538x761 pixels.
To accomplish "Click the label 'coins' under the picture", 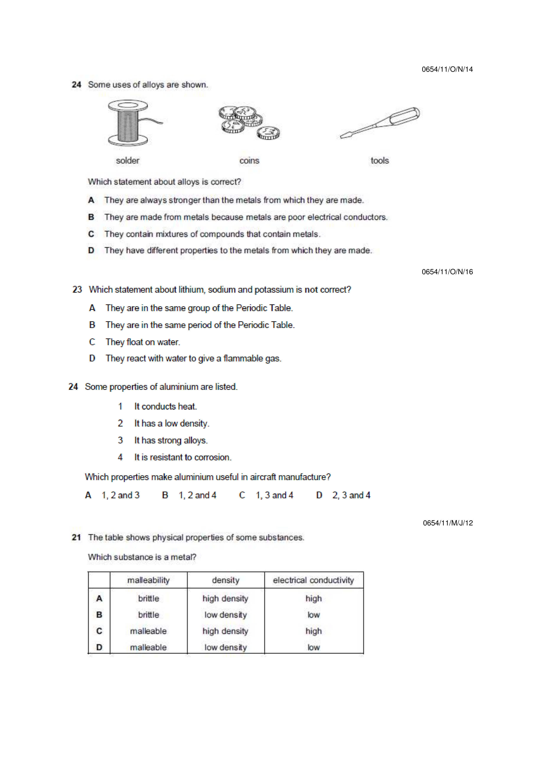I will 249,161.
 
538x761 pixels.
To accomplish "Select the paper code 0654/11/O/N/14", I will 447,69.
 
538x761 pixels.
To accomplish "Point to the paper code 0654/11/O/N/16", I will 447,272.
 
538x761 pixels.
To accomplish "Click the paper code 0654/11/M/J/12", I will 448,523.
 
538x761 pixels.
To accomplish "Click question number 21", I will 76,537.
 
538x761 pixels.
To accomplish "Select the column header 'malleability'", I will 148,580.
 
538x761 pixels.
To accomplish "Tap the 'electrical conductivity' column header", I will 313,580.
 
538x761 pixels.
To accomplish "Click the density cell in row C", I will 225,631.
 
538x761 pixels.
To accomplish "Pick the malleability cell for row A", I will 148,599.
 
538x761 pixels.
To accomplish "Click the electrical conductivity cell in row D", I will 313,647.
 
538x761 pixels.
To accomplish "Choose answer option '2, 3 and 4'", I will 351,495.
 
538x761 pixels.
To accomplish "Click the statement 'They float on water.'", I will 143,342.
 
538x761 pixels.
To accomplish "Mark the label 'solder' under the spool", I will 128,161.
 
